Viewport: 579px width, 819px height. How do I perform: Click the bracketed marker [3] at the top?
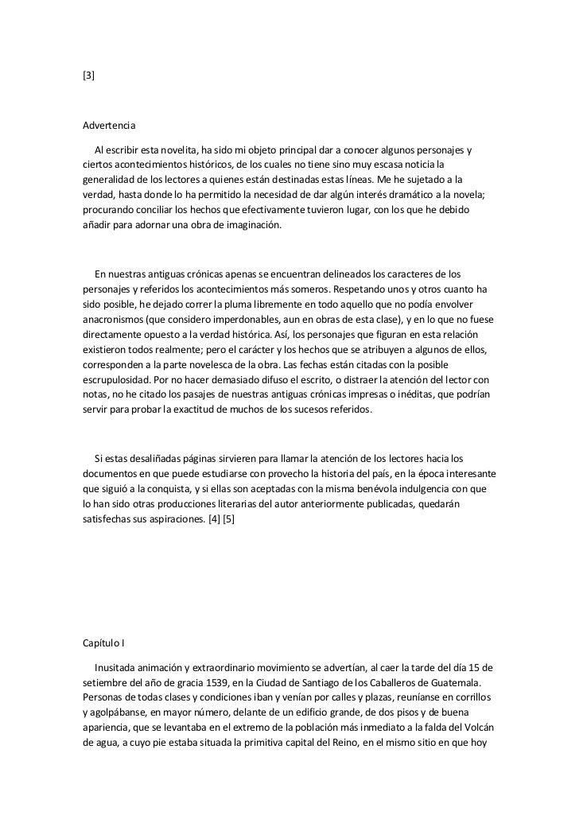tap(89, 76)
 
